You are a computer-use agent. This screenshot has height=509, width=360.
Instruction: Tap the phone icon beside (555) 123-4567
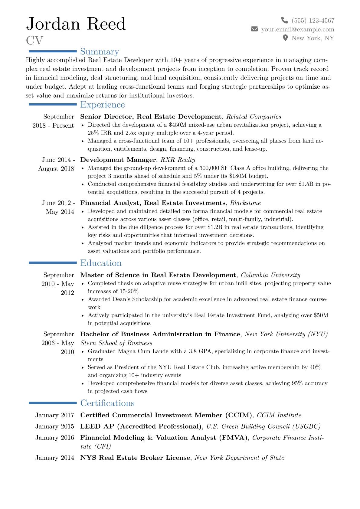click(x=284, y=20)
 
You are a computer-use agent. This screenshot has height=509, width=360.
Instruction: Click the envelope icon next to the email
click(x=254, y=29)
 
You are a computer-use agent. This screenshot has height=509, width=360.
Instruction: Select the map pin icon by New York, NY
click(x=285, y=38)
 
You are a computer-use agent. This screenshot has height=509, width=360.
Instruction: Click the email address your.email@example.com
click(x=298, y=29)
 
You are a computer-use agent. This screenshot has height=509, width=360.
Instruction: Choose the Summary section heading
click(x=100, y=51)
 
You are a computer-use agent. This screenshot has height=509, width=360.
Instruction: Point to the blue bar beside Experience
click(x=52, y=104)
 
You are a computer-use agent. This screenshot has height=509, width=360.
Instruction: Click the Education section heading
click(x=101, y=263)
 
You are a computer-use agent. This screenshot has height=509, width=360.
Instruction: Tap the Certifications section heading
click(x=107, y=403)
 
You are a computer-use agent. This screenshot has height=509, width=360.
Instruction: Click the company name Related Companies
click(x=254, y=117)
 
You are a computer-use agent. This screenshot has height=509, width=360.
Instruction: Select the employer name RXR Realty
click(x=178, y=160)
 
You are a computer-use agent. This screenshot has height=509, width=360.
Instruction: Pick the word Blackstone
click(x=245, y=203)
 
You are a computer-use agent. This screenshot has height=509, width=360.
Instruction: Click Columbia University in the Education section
click(x=270, y=275)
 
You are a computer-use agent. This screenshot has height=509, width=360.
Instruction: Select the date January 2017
click(x=54, y=415)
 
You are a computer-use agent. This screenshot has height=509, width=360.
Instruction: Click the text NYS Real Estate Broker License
click(x=135, y=458)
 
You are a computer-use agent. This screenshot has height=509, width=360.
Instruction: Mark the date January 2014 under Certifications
click(x=54, y=458)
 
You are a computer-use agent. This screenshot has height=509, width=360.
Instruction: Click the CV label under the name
click(x=34, y=41)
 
